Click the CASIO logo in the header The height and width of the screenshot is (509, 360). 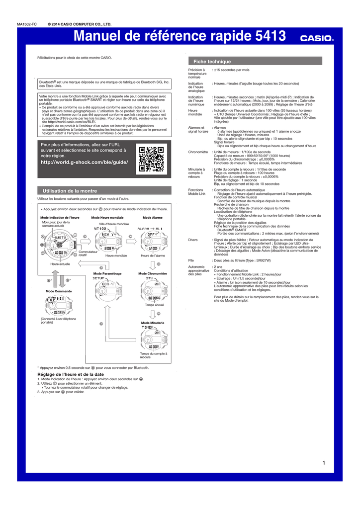(x=317, y=38)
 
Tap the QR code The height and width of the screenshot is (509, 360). (x=151, y=159)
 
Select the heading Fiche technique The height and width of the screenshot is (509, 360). (x=212, y=62)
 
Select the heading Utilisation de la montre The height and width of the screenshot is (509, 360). (x=70, y=191)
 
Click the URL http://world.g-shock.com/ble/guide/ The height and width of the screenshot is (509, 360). (x=84, y=163)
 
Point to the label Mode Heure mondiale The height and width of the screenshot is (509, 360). (x=107, y=218)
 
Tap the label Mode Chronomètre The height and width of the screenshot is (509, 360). (x=153, y=274)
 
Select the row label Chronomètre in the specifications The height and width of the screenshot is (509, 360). (x=198, y=151)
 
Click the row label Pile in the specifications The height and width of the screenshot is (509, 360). (x=191, y=260)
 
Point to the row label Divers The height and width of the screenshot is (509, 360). (x=193, y=240)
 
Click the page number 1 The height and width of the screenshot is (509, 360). (x=324, y=463)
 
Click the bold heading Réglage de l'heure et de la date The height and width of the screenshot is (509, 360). (x=71, y=374)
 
